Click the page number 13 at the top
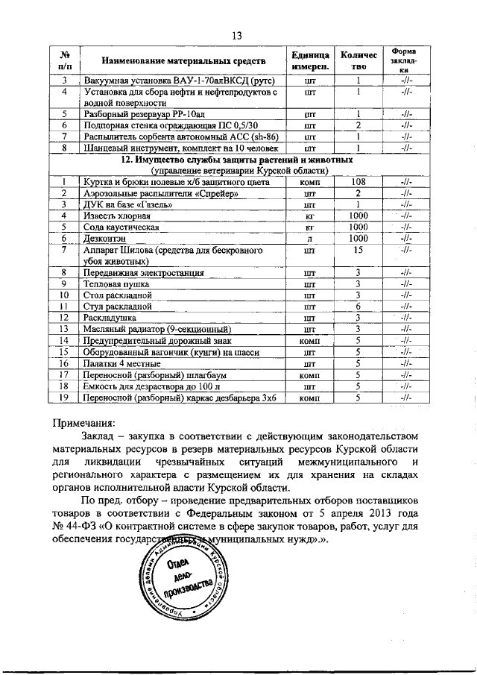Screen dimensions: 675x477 pos(238,36)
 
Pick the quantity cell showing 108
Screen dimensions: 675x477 pos(358,181)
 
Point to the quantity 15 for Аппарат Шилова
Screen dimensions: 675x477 pos(358,251)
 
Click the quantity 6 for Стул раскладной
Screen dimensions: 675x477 pos(358,307)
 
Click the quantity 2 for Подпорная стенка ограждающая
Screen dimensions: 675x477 pos(358,125)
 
